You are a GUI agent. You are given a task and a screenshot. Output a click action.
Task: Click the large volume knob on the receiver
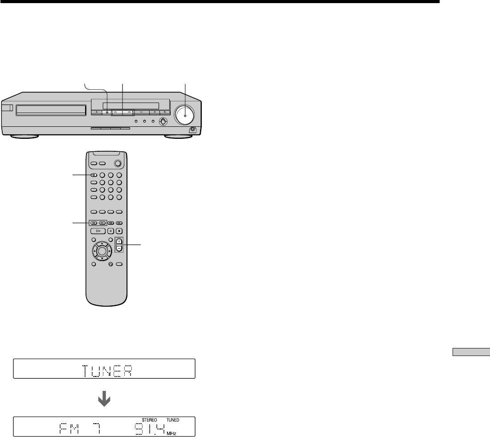click(185, 115)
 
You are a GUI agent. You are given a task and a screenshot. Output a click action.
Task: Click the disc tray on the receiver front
click(51, 110)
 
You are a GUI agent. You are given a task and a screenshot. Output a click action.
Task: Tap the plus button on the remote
click(119, 241)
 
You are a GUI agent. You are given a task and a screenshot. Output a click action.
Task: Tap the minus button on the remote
click(119, 248)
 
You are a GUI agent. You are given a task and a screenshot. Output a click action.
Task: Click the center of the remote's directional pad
click(102, 251)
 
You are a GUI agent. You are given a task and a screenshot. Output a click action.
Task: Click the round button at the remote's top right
click(118, 163)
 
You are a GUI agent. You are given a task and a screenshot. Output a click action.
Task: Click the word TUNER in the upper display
click(107, 371)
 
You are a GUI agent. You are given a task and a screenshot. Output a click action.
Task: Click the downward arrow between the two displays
click(104, 399)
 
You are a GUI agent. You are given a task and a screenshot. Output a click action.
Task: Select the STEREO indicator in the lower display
click(149, 420)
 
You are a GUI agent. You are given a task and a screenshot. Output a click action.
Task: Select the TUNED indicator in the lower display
click(173, 420)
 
